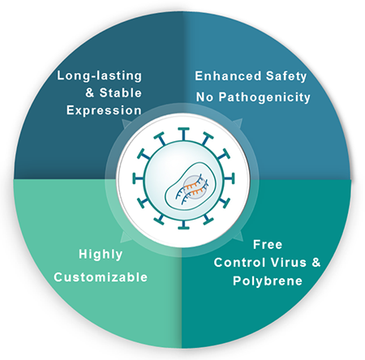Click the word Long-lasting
click(100, 76)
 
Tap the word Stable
click(120, 93)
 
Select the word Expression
click(104, 110)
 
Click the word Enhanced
click(228, 76)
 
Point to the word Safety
click(286, 76)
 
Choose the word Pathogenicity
click(264, 97)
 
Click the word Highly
click(101, 255)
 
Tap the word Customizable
click(101, 277)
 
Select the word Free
click(268, 245)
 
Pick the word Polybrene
click(268, 281)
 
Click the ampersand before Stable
click(90, 93)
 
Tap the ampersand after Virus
click(316, 263)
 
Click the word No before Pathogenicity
click(204, 97)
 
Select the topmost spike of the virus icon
click(183, 134)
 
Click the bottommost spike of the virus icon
click(183, 223)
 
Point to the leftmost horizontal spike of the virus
click(139, 179)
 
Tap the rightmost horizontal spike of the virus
click(229, 179)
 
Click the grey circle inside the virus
click(194, 186)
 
